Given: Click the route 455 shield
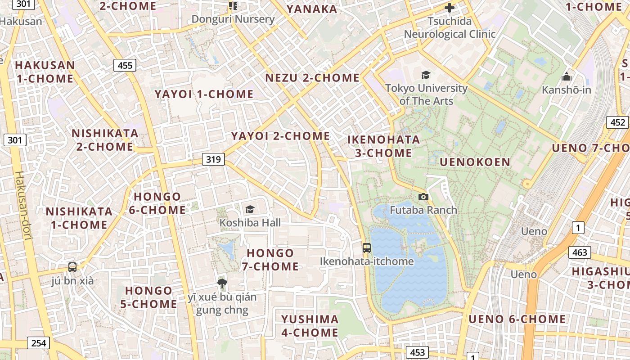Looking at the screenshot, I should tap(125, 65).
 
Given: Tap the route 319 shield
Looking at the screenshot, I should tap(213, 159).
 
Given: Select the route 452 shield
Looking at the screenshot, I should tap(618, 122).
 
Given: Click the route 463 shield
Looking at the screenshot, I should tap(580, 252).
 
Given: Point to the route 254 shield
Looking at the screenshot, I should tap(39, 343).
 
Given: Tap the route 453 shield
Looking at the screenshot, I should tap(417, 352).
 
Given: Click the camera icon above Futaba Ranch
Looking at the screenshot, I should tap(423, 197).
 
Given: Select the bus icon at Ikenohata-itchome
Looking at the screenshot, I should tap(367, 247).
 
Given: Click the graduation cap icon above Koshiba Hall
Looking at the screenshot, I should tap(250, 209).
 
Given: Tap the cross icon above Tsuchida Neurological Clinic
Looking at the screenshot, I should tap(449, 8).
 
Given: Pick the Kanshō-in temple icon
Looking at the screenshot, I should tap(567, 76).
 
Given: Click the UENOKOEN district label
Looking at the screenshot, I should tap(475, 162).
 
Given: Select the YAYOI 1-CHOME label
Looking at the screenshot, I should tap(204, 94).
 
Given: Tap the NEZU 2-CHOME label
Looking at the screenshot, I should tap(312, 78).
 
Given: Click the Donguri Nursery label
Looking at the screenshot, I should tap(233, 19).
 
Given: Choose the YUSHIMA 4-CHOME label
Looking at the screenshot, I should tap(310, 326).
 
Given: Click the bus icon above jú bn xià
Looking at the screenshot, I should tap(72, 267).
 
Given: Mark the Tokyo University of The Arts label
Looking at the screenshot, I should tap(426, 94).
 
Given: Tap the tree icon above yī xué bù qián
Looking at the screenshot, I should tap(222, 283).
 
